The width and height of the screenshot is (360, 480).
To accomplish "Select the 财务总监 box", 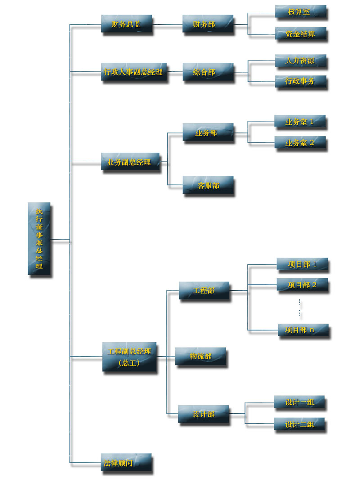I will pyautogui.click(x=126, y=24).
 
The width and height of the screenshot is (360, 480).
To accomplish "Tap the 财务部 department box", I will pyautogui.click(x=207, y=24).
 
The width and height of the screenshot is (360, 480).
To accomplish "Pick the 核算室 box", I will pyautogui.click(x=300, y=12).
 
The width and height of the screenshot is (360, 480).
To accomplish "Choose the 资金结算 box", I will pyautogui.click(x=300, y=34).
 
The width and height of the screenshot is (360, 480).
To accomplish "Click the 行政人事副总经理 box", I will pyautogui.click(x=134, y=72).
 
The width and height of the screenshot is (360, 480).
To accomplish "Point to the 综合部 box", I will pyautogui.click(x=207, y=72).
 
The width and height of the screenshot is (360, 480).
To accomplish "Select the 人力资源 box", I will pyautogui.click(x=300, y=61).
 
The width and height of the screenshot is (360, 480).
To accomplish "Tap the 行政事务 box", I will pyautogui.click(x=300, y=82).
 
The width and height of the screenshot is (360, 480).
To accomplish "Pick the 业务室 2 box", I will pyautogui.click(x=300, y=143).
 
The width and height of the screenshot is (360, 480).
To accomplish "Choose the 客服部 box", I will pyautogui.click(x=207, y=185).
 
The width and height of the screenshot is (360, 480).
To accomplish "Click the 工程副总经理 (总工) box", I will pyautogui.click(x=129, y=356).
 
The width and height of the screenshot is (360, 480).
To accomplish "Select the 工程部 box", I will pyautogui.click(x=204, y=291).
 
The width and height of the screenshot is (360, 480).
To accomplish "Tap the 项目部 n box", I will pyautogui.click(x=303, y=330).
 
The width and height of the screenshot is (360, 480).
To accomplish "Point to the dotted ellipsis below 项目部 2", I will pyautogui.click(x=300, y=308).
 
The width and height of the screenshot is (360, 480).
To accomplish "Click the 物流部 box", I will pyautogui.click(x=200, y=356).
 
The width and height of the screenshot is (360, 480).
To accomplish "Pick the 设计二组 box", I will pyautogui.click(x=299, y=424).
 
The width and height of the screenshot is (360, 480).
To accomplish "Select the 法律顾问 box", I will pyautogui.click(x=126, y=462).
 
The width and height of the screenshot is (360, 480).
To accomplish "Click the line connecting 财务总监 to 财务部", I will pyautogui.click(x=167, y=24).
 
